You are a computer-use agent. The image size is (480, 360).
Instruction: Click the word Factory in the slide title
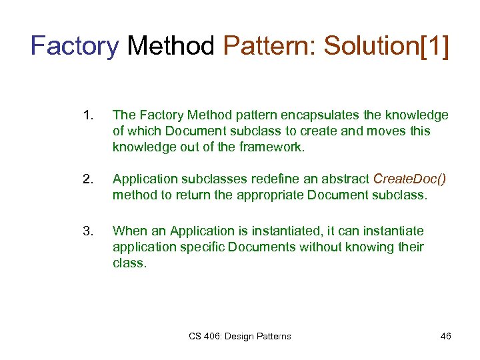coord(75,47)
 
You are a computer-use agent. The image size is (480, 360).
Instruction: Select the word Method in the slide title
coord(171,47)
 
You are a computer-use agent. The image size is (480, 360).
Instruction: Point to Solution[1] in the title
coord(386,47)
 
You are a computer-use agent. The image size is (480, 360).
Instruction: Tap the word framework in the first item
coord(271,147)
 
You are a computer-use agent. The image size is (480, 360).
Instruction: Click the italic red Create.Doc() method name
coord(409,179)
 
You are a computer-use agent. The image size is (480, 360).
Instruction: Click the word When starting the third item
coord(129,231)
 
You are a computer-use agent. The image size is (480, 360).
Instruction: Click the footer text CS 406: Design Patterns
coord(239,336)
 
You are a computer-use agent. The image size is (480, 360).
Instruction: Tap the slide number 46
coord(445,336)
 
